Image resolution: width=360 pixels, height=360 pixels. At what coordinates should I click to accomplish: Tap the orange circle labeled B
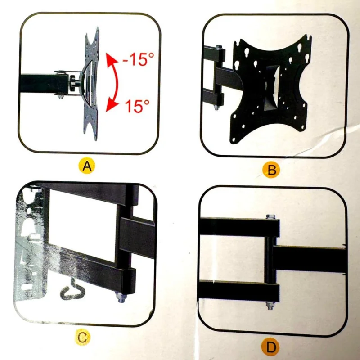coord(271,171)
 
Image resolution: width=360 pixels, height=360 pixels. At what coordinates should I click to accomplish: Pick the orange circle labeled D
coord(271,346)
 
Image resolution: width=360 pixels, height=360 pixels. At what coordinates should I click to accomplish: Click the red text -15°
coord(138,59)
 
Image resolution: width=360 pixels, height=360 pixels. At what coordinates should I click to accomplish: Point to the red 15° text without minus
coord(137,106)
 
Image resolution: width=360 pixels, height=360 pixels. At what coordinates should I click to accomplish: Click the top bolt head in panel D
coord(271,216)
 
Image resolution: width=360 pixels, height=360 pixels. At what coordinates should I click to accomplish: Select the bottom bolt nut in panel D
coord(270,306)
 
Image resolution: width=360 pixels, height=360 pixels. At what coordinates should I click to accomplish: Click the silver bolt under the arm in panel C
coord(121,297)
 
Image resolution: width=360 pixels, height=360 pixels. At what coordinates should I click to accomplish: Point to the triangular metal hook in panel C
coord(72,290)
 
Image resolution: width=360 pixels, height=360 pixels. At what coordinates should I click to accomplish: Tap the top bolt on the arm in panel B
coord(219,47)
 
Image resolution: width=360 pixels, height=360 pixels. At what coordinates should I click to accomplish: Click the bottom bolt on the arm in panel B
coord(216,108)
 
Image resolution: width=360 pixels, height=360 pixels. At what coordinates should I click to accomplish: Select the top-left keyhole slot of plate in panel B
coord(247,51)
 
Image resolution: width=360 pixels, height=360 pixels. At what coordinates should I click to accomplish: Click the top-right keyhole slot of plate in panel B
coord(300,47)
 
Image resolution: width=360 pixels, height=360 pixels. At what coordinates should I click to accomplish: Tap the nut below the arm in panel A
coord(60,96)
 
